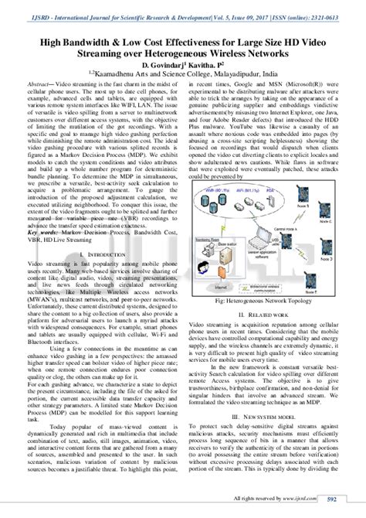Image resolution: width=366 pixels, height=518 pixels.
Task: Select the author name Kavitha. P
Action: click(206, 67)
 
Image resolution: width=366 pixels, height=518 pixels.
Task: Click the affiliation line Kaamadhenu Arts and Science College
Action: click(183, 78)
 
